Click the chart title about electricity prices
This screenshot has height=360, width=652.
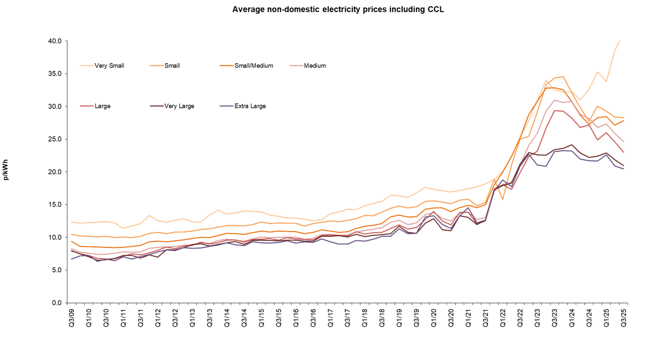coord(338,9)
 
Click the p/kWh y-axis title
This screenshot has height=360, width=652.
coord(6,172)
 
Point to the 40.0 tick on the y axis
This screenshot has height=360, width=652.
coord(54,41)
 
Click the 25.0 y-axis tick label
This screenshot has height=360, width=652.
coord(54,139)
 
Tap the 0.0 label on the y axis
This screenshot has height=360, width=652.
coord(56,303)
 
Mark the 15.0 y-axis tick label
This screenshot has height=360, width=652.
coord(54,205)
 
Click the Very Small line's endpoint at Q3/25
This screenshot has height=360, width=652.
coord(619,41)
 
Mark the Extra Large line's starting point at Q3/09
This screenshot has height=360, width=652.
coord(72,259)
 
